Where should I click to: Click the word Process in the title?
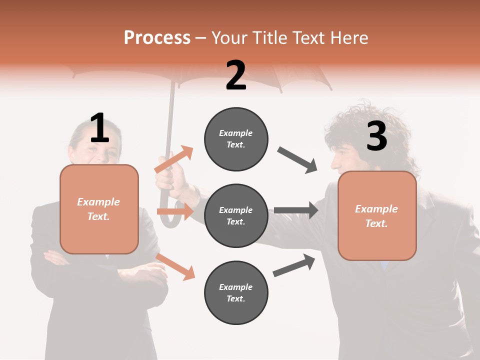(157, 38)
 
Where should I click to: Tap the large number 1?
(99, 128)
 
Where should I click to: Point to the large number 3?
(376, 136)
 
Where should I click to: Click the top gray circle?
(236, 139)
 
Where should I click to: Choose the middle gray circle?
(236, 215)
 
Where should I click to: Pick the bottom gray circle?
(236, 292)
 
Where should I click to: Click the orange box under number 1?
(99, 209)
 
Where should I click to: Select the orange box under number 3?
(377, 215)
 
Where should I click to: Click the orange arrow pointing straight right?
(175, 212)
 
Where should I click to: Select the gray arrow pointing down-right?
(297, 160)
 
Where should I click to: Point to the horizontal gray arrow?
(296, 210)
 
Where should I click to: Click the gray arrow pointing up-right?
(294, 265)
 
